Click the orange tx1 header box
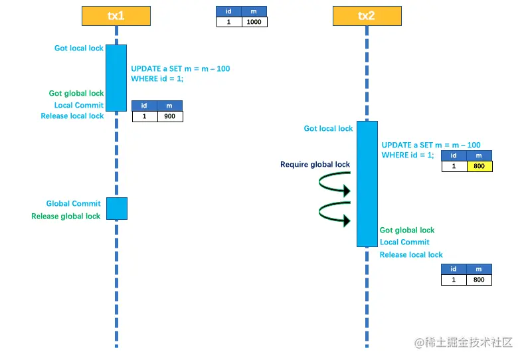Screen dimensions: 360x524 pos(116,16)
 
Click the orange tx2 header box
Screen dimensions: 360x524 pos(366,16)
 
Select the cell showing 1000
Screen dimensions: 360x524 pos(254,22)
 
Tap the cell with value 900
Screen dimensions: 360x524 pos(169,116)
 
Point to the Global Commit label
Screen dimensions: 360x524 pos(73,204)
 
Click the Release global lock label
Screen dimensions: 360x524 pos(66,217)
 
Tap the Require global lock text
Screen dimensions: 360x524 pos(315,165)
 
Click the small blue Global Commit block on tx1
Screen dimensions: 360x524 pos(116,209)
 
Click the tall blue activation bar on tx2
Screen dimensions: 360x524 pos(367,183)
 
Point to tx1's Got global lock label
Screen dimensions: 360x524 pos(76,94)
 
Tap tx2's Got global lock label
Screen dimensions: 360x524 pos(407,230)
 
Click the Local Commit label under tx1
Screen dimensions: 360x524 pos(78,105)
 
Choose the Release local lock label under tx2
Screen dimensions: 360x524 pos(411,255)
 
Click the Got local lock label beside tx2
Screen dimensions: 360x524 pos(328,129)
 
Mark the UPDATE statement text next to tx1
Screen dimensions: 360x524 pos(181,74)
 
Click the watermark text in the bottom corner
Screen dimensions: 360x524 pos(464,343)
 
